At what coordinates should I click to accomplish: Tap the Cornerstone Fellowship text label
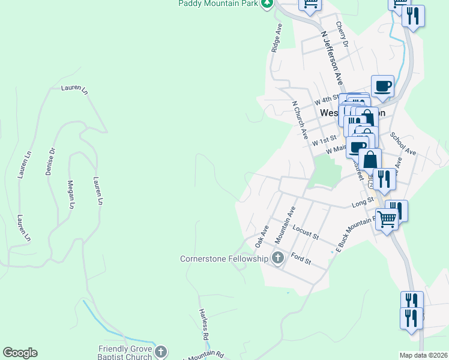(x=224, y=259)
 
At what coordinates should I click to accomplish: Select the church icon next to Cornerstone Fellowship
(x=277, y=259)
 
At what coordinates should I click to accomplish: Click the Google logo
(x=20, y=353)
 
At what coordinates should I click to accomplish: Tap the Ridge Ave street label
(x=277, y=38)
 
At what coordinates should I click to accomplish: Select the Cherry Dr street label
(x=342, y=34)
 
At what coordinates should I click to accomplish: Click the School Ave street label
(x=403, y=144)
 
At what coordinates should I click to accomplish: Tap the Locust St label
(x=305, y=232)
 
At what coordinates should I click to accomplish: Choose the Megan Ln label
(x=71, y=194)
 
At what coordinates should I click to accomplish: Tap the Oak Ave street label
(x=261, y=237)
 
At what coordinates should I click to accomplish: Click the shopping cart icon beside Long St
(x=387, y=219)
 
